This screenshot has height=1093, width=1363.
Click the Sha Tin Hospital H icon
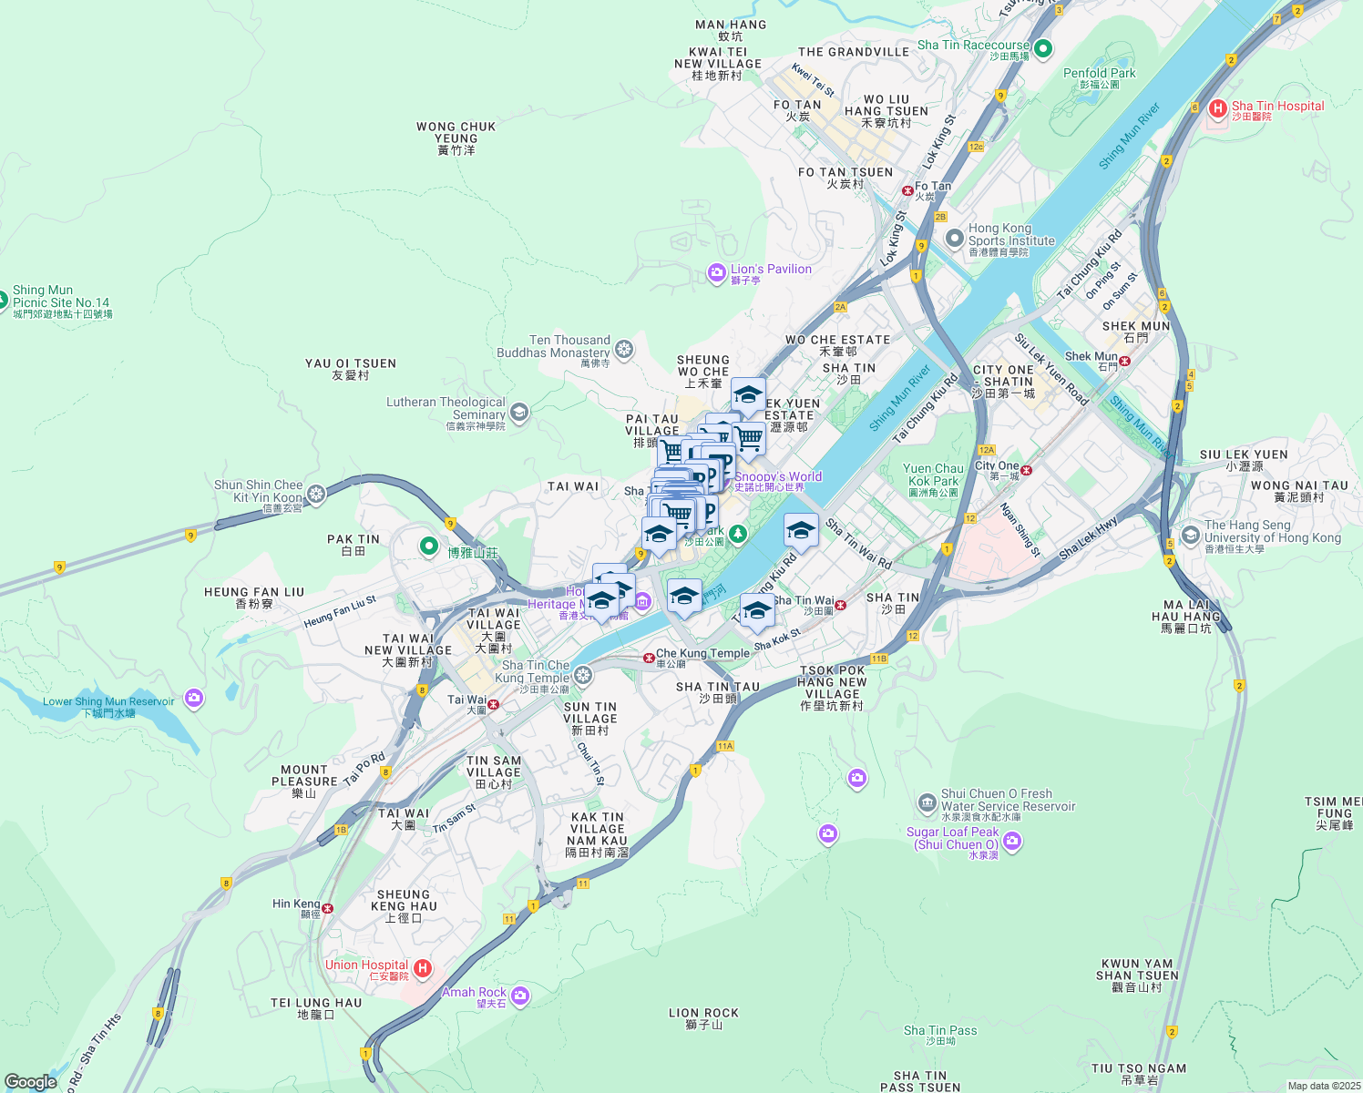tap(1217, 109)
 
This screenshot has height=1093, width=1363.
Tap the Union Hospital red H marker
tap(422, 968)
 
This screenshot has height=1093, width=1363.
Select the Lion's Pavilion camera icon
tap(717, 272)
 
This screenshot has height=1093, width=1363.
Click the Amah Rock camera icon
tap(520, 996)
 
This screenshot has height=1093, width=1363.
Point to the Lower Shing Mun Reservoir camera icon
tap(193, 699)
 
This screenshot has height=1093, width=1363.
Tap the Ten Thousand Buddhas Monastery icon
tap(624, 349)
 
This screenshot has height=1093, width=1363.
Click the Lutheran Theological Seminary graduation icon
tap(518, 412)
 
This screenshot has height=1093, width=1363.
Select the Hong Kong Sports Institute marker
tap(954, 239)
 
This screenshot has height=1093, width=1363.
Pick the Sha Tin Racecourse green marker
tap(1044, 47)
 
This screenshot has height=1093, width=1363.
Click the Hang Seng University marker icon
tap(1190, 535)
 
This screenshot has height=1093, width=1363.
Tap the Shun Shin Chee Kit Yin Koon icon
tap(316, 494)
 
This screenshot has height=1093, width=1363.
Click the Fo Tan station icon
tap(907, 190)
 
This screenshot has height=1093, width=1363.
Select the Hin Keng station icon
tap(327, 908)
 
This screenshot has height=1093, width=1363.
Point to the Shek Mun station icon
tap(1125, 361)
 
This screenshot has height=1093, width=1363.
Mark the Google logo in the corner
tap(31, 1082)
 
